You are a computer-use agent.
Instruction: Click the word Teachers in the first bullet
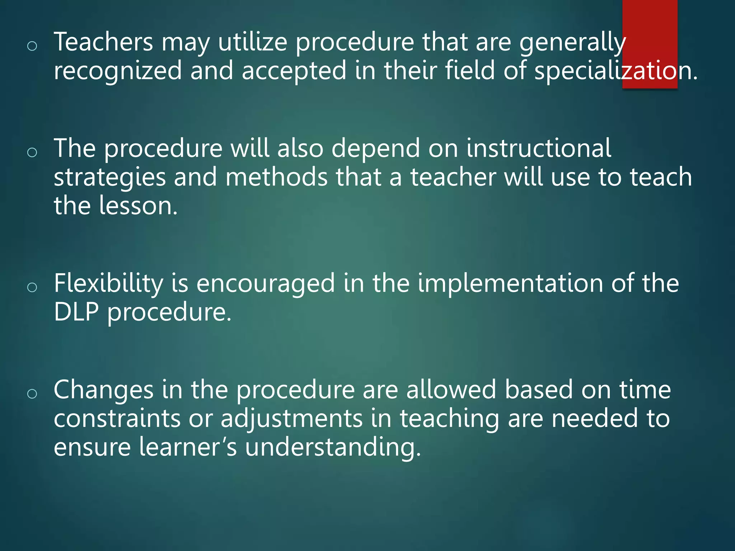pos(103,42)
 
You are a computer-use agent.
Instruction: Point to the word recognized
pos(118,71)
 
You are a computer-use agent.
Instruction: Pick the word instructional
pos(539,148)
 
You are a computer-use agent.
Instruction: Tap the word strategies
pos(109,178)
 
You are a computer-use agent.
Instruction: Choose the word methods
pos(276,177)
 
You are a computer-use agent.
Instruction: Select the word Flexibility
pos(108,284)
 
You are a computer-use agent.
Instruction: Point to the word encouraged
pos(265,284)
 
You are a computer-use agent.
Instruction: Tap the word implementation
pos(510,284)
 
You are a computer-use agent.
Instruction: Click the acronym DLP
pos(76,312)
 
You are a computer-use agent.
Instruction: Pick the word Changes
pos(103,390)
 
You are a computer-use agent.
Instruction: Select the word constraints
pos(117,419)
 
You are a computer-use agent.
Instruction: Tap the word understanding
pos(333,448)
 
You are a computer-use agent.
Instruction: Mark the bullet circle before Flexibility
pos(32,287)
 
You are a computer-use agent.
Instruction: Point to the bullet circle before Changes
pos(32,394)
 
